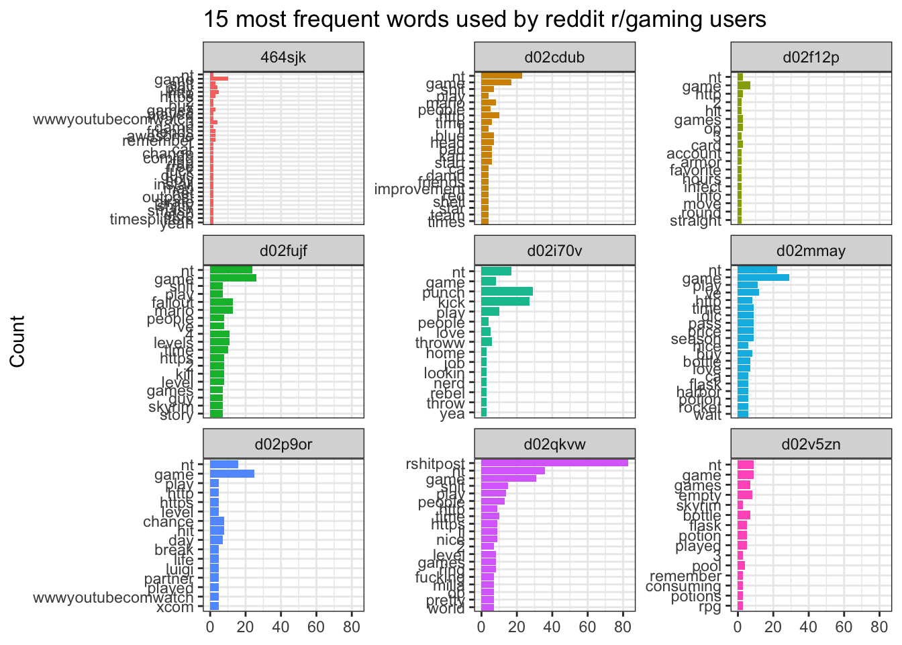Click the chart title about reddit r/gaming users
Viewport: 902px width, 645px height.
pyautogui.click(x=485, y=19)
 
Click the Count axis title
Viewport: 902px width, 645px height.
pyautogui.click(x=17, y=341)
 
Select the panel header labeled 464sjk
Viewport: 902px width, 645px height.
pyautogui.click(x=283, y=57)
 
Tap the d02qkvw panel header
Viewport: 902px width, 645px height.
pyautogui.click(x=554, y=445)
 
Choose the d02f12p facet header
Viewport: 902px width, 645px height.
pyautogui.click(x=811, y=57)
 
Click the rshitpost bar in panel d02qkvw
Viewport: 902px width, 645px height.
pyautogui.click(x=554, y=462)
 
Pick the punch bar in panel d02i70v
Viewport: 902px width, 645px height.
pyautogui.click(x=507, y=292)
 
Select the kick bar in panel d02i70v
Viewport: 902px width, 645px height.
pyautogui.click(x=505, y=302)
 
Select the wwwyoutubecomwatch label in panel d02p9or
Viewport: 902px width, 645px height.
pyautogui.click(x=113, y=597)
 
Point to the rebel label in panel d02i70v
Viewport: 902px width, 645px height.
pyautogui.click(x=447, y=393)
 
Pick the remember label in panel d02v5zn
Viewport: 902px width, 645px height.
pyautogui.click(x=685, y=576)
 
